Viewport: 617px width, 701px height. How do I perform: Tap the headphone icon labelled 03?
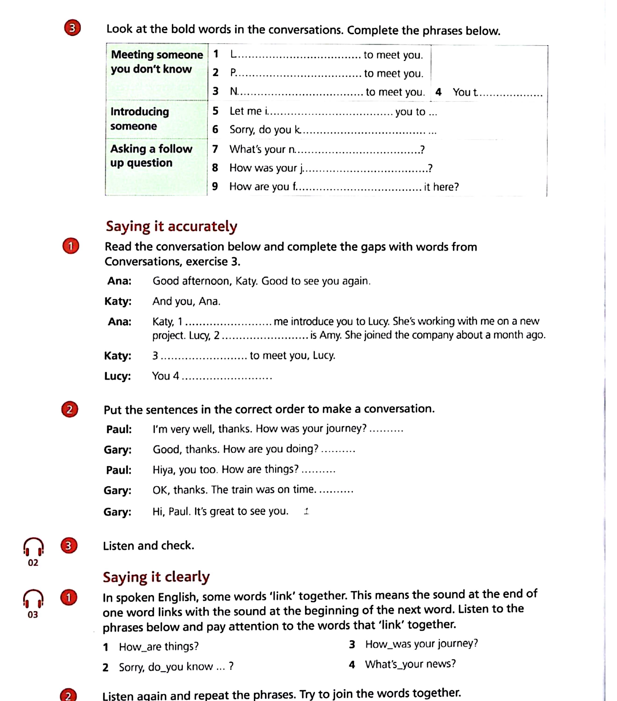coord(33,599)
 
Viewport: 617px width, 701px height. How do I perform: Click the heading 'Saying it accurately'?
coord(171,226)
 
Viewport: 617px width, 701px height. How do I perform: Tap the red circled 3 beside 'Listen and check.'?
coord(69,546)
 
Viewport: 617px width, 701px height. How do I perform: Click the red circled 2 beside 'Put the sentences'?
coord(70,409)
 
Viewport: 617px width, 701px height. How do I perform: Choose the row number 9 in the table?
coord(215,186)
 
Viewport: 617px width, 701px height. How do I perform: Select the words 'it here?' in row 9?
coord(441,187)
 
